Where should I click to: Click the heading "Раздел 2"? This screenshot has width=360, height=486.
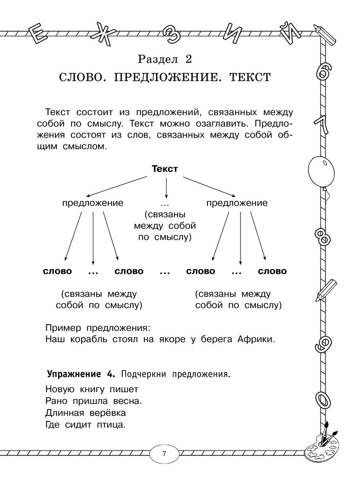pos(165,60)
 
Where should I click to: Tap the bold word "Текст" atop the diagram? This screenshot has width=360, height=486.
pos(165,169)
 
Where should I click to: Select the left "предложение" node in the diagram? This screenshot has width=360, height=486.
pos(93,203)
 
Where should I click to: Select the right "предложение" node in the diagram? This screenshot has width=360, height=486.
pos(237,203)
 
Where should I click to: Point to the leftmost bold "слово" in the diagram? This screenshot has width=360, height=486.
pos(58,271)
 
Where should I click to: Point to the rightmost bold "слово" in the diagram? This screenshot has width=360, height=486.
pos(273,271)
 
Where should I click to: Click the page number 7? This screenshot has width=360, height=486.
pos(164,454)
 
